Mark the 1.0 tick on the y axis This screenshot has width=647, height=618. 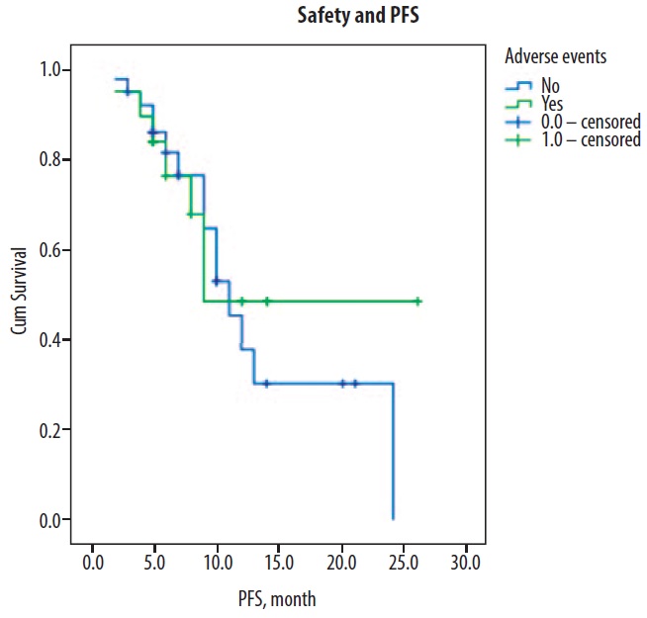(x=50, y=70)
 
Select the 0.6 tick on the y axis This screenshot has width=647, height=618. (x=50, y=250)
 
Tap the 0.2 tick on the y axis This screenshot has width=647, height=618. (x=50, y=430)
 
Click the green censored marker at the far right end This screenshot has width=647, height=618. (x=417, y=302)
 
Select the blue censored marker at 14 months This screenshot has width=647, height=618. (x=266, y=384)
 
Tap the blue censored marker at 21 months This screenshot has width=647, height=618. (x=354, y=384)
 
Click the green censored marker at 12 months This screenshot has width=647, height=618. (x=241, y=302)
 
